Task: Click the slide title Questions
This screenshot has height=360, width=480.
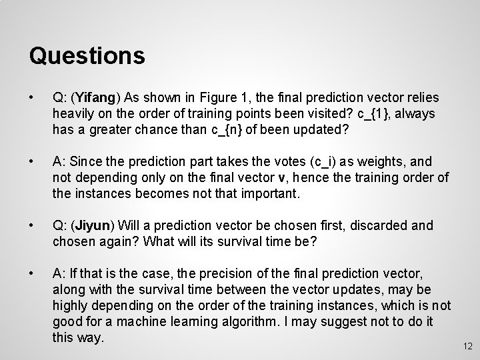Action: tap(87, 55)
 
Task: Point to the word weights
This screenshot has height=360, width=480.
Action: tap(381, 161)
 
